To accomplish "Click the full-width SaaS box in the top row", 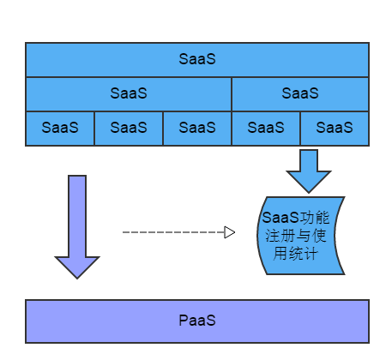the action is pyautogui.click(x=197, y=60).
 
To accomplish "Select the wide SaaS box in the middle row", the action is pyautogui.click(x=129, y=94).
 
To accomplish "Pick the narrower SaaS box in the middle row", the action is pyautogui.click(x=300, y=94).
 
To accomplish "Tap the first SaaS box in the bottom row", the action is pyautogui.click(x=60, y=129).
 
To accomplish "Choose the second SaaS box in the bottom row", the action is pyautogui.click(x=129, y=129).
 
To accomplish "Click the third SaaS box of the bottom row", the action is pyautogui.click(x=197, y=129).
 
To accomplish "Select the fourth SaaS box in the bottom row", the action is pyautogui.click(x=266, y=129).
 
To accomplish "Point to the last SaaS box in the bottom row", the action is pyautogui.click(x=335, y=129).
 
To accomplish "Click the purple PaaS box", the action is pyautogui.click(x=197, y=321).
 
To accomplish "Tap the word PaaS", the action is pyautogui.click(x=197, y=321).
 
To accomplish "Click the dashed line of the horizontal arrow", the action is pyautogui.click(x=173, y=232).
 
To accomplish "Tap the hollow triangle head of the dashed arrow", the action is pyautogui.click(x=230, y=232).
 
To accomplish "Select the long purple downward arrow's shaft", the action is pyautogui.click(x=77, y=216).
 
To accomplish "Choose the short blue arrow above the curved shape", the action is pyautogui.click(x=309, y=171).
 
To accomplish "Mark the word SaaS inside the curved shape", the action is pyautogui.click(x=280, y=218).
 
